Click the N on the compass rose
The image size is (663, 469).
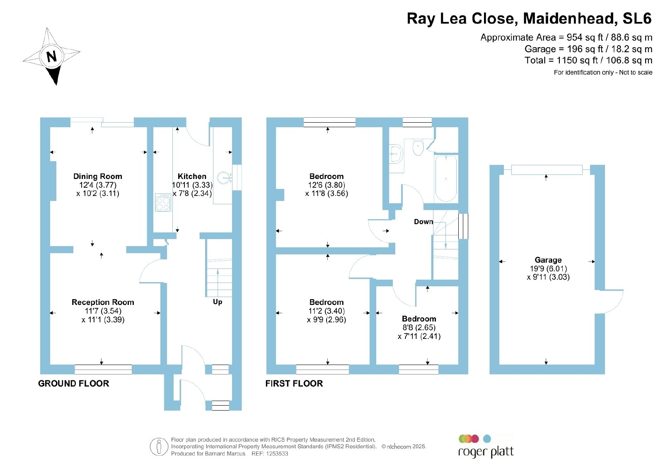click(52, 56)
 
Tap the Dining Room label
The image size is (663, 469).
click(98, 176)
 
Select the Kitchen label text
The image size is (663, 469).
click(192, 176)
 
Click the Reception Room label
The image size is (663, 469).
click(103, 302)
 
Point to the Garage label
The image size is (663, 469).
click(548, 260)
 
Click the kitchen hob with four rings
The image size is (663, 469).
click(163, 203)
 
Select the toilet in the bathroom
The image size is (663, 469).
click(418, 147)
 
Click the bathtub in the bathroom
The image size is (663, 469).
click(446, 179)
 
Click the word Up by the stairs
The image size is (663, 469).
click(217, 302)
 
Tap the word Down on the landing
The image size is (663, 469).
click(423, 222)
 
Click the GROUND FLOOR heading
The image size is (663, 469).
click(74, 384)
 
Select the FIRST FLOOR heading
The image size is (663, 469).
click(294, 384)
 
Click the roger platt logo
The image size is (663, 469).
click(486, 446)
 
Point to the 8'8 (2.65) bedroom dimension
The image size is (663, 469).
click(419, 328)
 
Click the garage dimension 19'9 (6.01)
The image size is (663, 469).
click(548, 268)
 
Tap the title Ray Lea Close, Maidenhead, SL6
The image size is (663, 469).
click(529, 18)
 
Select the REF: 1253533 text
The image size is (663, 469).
click(270, 454)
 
